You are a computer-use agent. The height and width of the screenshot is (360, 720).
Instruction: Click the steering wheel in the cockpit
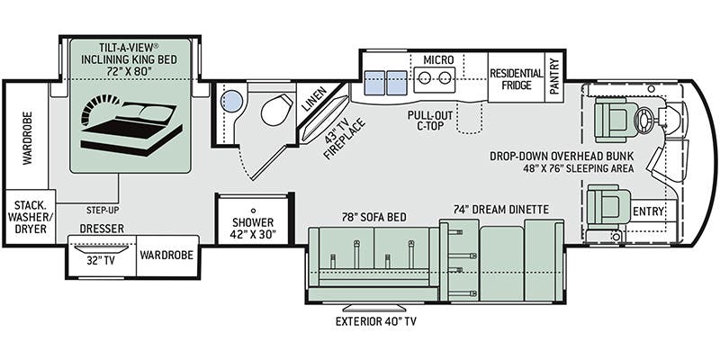[643, 120]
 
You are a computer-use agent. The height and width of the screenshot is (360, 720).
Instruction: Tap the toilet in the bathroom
[276, 109]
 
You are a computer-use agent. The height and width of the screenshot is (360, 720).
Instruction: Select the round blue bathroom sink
[231, 101]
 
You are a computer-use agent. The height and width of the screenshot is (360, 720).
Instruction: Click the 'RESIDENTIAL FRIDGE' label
[516, 79]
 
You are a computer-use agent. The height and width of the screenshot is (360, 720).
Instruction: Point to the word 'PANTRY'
[554, 76]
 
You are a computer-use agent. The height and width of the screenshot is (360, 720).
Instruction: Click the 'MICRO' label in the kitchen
[438, 59]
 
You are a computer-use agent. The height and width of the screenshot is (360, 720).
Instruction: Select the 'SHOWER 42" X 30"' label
[253, 229]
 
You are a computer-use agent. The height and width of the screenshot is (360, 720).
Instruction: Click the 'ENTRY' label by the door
[648, 211]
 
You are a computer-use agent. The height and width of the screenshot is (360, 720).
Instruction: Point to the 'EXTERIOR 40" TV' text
[375, 321]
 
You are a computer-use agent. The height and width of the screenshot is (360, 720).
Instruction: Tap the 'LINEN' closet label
[314, 99]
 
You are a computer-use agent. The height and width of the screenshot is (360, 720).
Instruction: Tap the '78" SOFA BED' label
[374, 217]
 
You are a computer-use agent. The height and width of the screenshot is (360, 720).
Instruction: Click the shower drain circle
[253, 210]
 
